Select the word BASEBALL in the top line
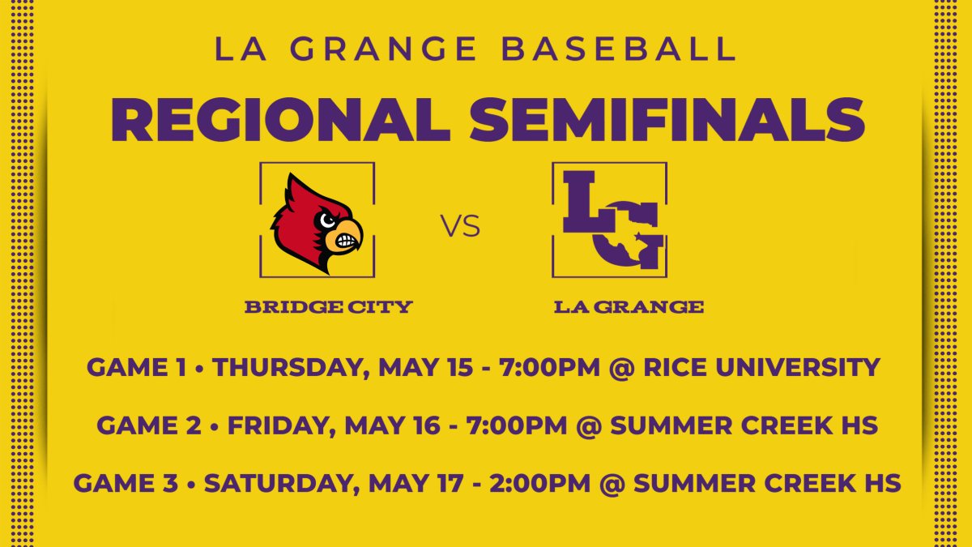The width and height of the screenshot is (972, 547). tap(620, 49)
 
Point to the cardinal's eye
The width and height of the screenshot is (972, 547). tap(326, 219)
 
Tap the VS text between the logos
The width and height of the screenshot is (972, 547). tap(461, 227)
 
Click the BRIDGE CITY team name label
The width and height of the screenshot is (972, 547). tap(328, 307)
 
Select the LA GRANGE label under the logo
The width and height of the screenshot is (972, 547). tap(629, 307)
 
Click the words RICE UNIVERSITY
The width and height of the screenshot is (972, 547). tap(761, 367)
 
